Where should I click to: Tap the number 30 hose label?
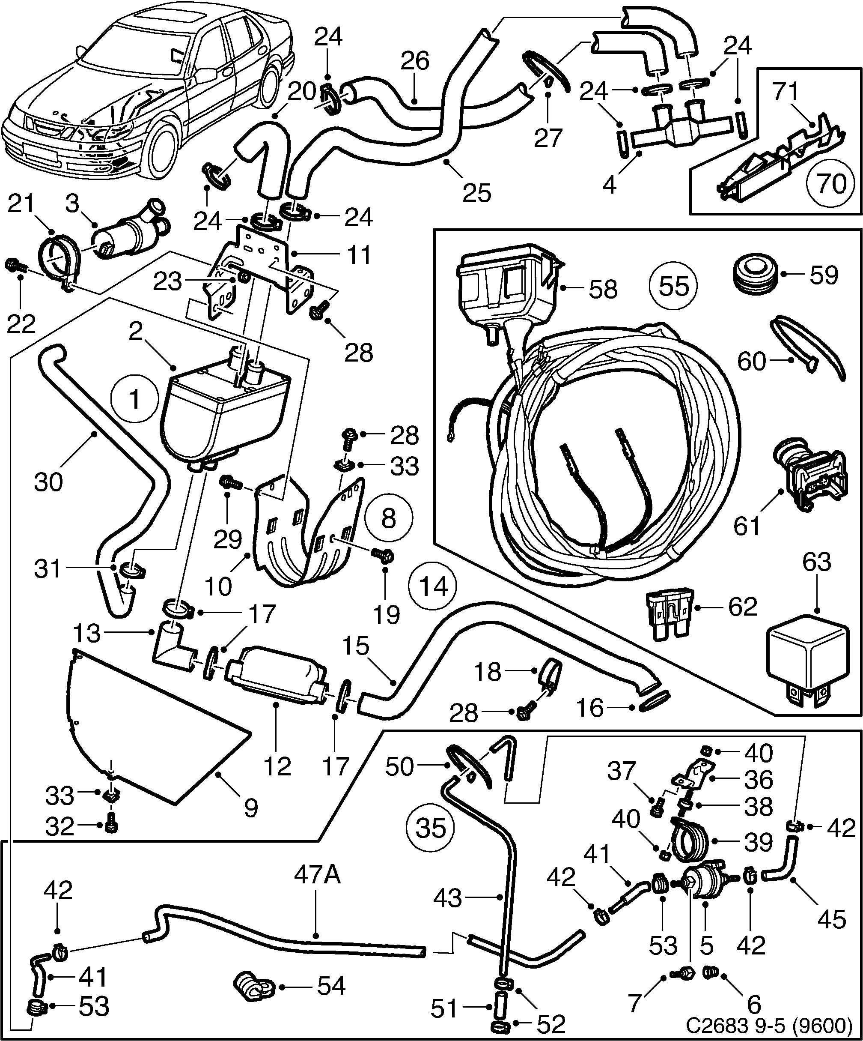pos(48,482)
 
